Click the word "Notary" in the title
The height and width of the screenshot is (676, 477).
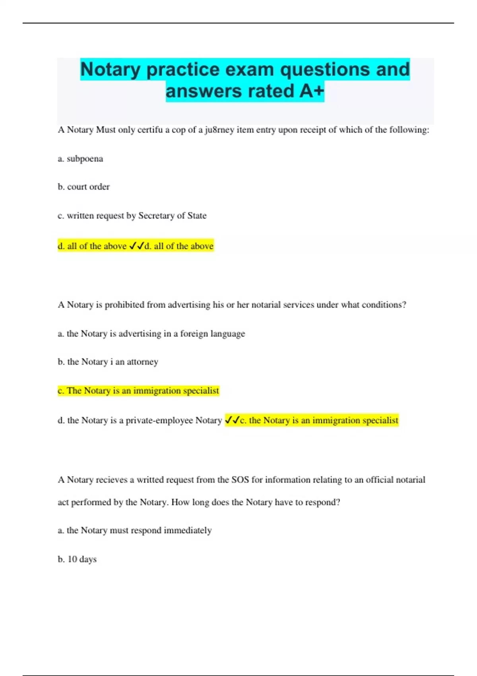111,70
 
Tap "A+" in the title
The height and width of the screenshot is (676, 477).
312,91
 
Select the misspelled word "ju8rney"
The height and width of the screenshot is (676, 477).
219,130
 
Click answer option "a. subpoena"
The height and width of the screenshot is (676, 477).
80,159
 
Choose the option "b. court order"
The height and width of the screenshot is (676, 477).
83,187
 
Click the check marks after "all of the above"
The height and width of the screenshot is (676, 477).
136,246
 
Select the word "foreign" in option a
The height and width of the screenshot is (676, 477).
194,334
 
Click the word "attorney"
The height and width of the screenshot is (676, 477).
142,362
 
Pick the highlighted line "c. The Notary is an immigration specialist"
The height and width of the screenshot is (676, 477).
138,391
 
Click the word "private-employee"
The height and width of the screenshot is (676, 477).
159,421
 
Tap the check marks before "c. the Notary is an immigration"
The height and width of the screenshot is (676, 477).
232,420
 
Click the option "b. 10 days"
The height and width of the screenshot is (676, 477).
77,559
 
